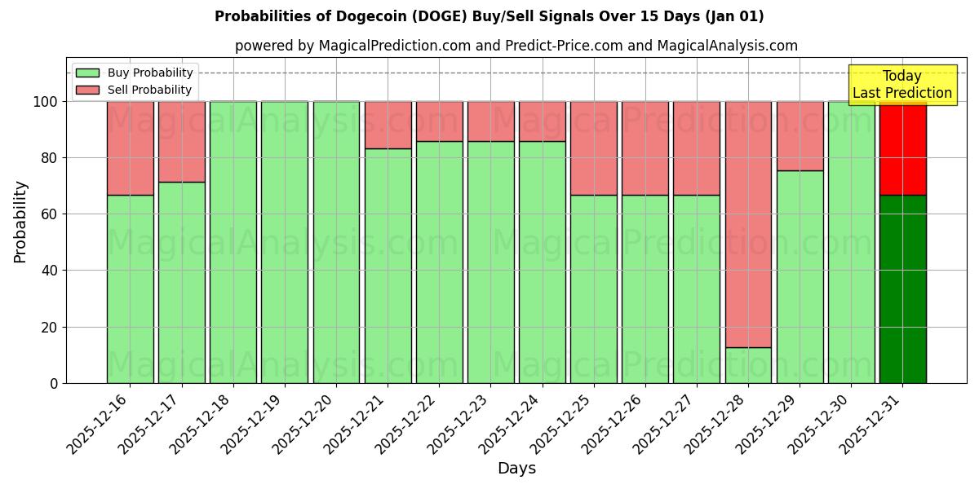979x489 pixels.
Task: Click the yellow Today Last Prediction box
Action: tap(901, 85)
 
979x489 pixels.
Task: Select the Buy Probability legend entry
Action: tap(134, 73)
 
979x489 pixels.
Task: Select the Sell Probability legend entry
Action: tap(134, 90)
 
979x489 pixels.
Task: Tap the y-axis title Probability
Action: tap(20, 222)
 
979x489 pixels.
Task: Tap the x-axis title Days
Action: tap(516, 469)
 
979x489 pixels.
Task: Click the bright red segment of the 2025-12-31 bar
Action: tap(902, 148)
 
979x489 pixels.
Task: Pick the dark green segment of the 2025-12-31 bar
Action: tap(902, 289)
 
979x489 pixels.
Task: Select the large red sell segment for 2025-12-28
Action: tap(748, 224)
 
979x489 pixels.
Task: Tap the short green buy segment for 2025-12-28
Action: tap(748, 365)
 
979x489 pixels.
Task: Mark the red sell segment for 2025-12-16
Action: tap(130, 148)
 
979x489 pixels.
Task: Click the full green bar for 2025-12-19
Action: tap(285, 242)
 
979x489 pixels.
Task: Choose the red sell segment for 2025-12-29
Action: tap(800, 136)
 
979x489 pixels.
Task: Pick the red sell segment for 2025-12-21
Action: tap(388, 125)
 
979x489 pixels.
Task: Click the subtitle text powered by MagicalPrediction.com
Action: tap(516, 46)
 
